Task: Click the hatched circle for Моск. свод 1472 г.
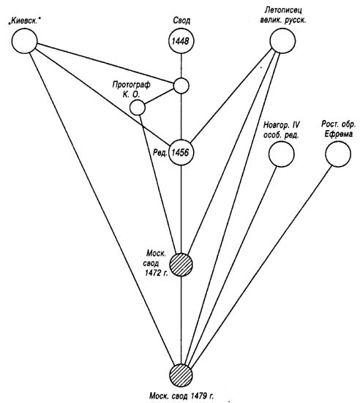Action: click(x=181, y=265)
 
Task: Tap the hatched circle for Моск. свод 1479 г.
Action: click(x=181, y=375)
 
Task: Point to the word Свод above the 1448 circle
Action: click(x=181, y=20)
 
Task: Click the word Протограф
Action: click(x=132, y=85)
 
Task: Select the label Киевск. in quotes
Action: click(x=25, y=20)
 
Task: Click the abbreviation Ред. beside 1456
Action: click(x=160, y=153)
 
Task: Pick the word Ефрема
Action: click(x=338, y=134)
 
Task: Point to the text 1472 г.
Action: click(x=156, y=274)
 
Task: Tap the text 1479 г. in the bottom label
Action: click(x=203, y=395)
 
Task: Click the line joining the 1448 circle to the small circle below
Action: click(x=181, y=66)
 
